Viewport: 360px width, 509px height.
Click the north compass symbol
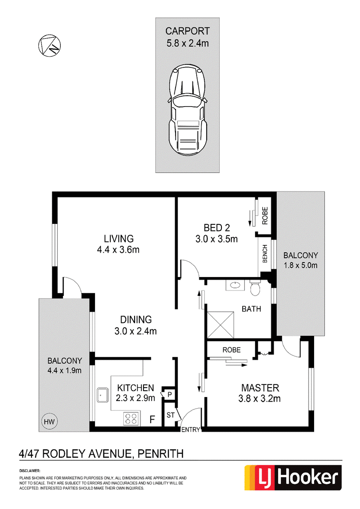[49, 46]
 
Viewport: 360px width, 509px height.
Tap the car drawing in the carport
[188, 110]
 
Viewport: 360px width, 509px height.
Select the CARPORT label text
[188, 31]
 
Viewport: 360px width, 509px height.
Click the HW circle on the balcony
[49, 421]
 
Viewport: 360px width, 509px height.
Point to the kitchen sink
[103, 395]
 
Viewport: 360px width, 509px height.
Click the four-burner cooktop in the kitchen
[131, 419]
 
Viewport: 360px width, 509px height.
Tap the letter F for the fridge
[152, 420]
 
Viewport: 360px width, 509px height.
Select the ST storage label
[171, 415]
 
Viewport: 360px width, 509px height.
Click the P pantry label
[170, 395]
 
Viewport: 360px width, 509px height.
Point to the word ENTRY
[191, 429]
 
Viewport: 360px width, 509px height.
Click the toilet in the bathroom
[255, 288]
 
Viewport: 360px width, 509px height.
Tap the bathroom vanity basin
[234, 286]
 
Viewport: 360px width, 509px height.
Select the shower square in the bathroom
[220, 325]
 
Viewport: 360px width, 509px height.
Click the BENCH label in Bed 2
[265, 254]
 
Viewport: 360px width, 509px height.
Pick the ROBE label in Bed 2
[265, 215]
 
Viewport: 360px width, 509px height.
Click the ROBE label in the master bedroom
[232, 350]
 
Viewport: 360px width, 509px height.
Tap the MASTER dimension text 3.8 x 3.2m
[259, 398]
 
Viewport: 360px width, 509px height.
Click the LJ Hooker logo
[293, 478]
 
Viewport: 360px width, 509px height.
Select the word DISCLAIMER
[30, 470]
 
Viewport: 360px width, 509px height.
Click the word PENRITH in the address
[161, 454]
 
